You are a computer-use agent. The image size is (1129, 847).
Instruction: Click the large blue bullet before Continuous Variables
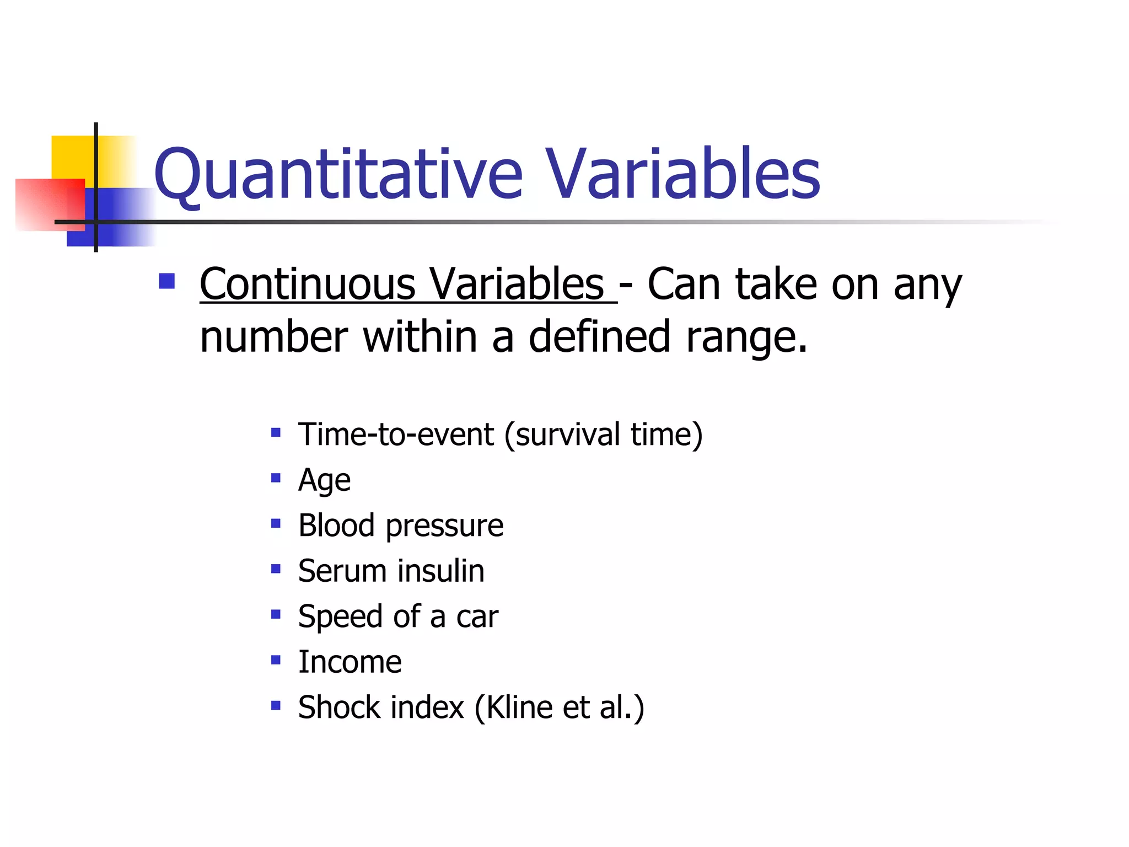point(166,281)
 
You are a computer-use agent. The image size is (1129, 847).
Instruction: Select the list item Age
point(324,480)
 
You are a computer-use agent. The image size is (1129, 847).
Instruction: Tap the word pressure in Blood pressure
point(444,526)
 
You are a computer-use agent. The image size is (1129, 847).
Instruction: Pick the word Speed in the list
point(340,617)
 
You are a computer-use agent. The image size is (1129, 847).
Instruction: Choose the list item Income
point(350,662)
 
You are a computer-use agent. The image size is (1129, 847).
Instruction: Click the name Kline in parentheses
point(519,707)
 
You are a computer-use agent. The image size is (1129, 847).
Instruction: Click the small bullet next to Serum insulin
point(276,569)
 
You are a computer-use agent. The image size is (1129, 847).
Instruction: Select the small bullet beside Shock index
point(276,705)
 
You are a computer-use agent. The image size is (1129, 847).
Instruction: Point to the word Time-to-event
point(396,435)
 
